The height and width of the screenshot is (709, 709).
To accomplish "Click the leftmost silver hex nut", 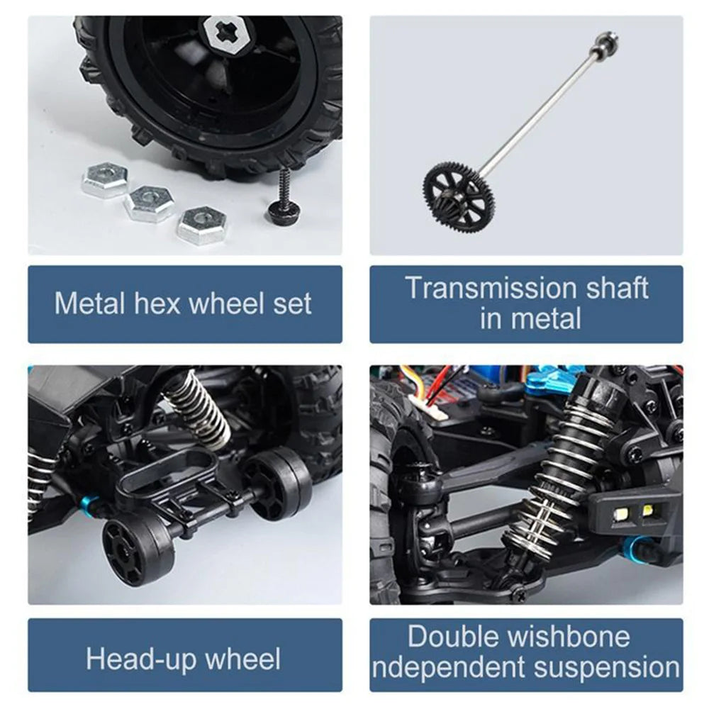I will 104,180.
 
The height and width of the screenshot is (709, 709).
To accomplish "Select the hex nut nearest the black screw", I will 202,225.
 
